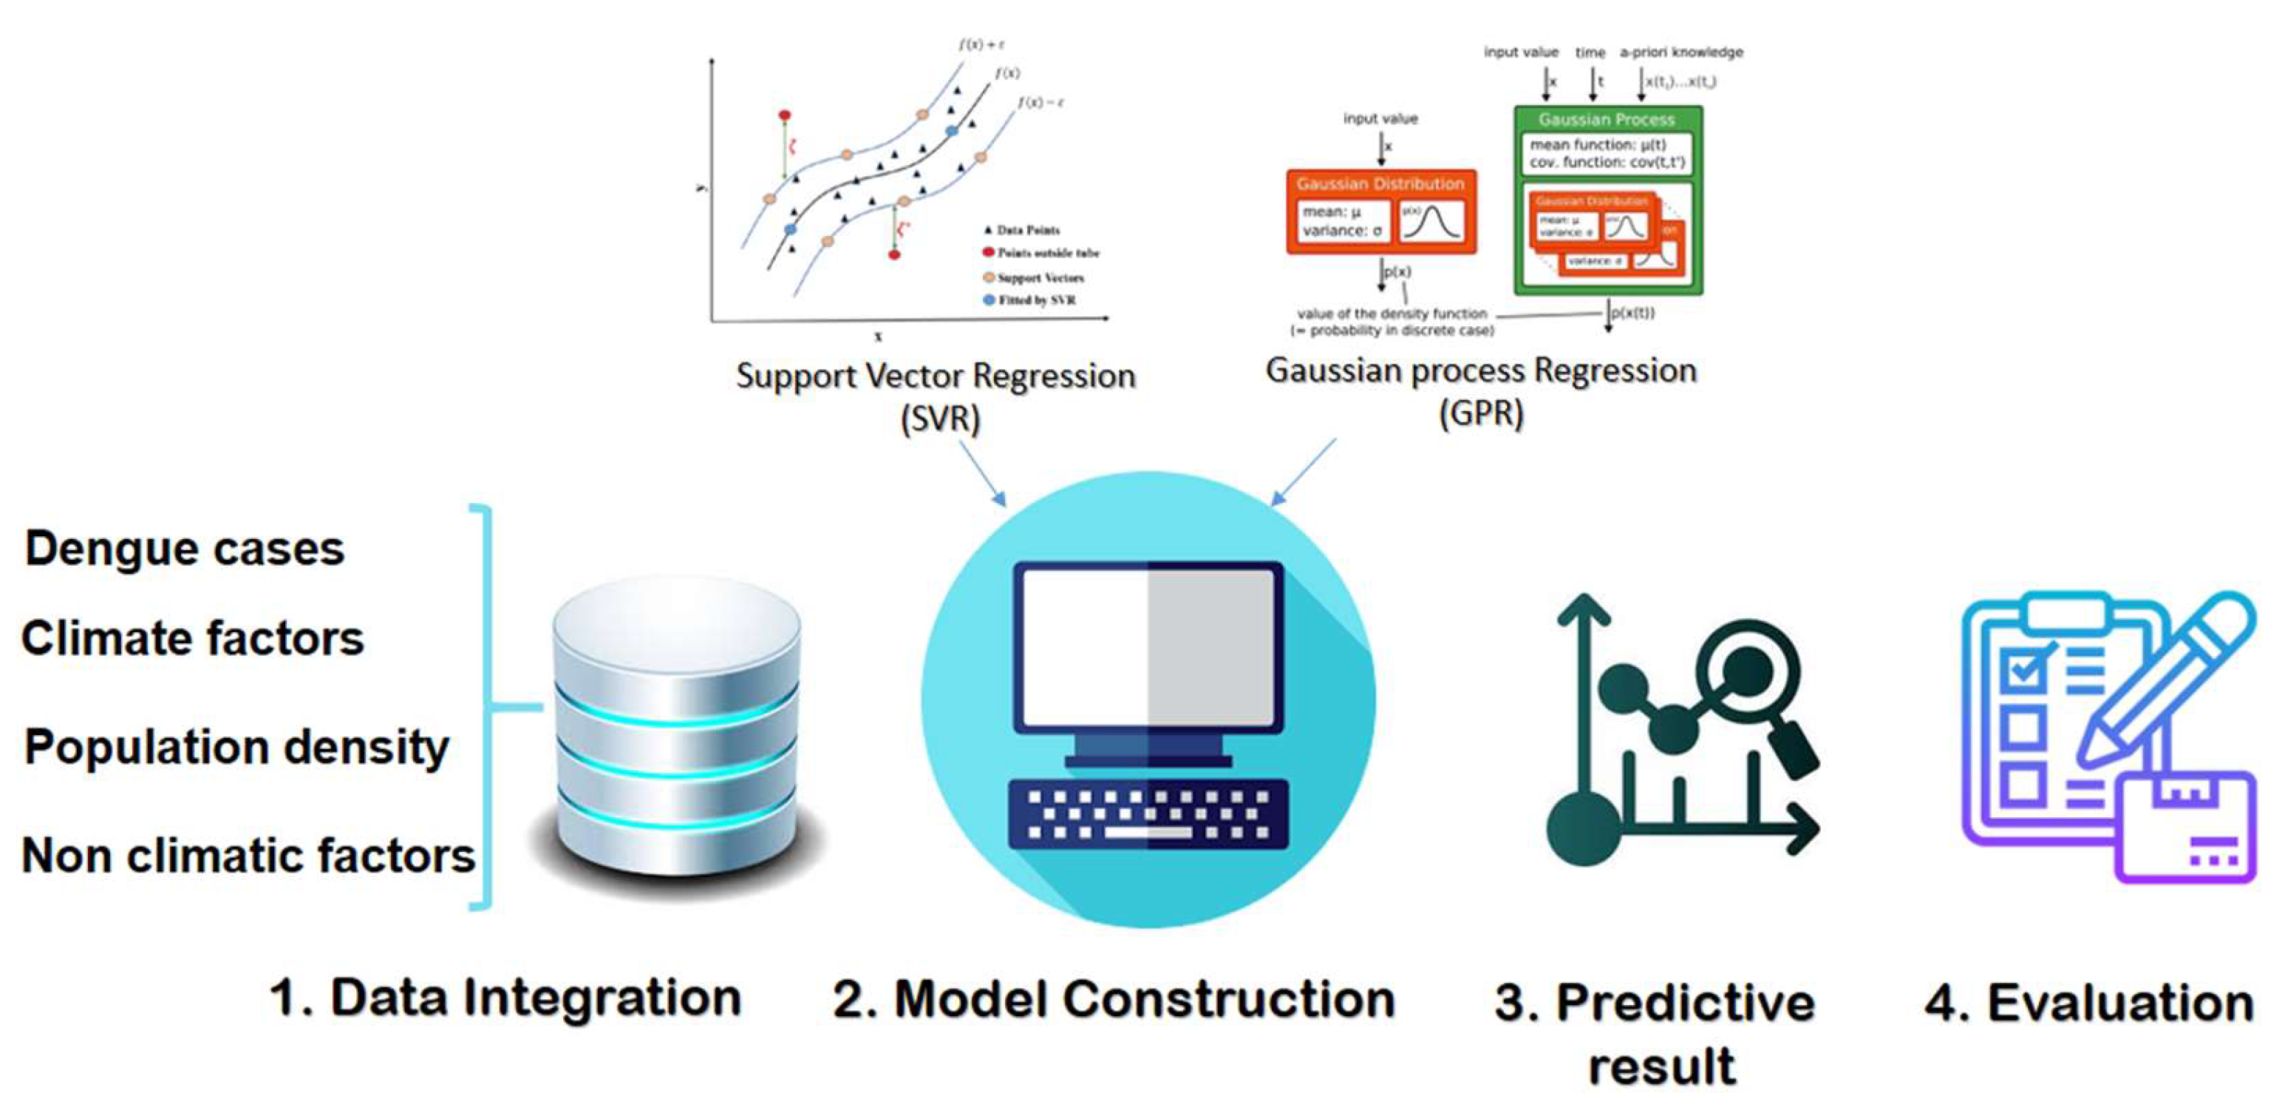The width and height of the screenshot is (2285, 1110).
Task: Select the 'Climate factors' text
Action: [192, 638]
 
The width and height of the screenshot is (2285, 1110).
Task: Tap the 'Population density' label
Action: [236, 746]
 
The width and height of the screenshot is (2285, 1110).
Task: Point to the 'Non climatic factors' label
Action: [248, 856]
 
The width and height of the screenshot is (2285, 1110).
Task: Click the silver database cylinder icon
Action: [677, 728]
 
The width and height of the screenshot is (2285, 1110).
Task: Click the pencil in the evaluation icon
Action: [2165, 683]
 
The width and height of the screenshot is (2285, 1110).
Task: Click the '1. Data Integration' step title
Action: [505, 998]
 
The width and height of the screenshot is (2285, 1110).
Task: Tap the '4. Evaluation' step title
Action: [2090, 1003]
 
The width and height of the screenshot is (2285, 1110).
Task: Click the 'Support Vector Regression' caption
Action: [936, 376]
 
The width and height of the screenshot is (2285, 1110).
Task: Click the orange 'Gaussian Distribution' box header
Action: [1380, 183]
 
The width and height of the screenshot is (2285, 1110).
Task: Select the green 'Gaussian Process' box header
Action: [1607, 119]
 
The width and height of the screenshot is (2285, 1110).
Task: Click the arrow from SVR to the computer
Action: [982, 475]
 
